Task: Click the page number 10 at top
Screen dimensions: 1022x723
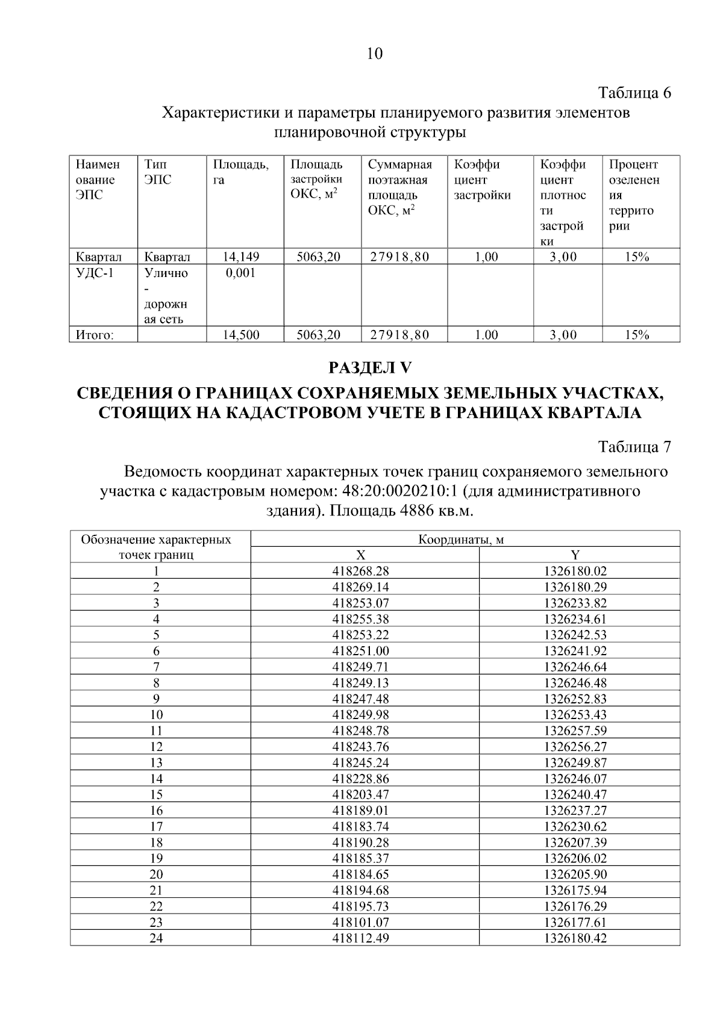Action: pyautogui.click(x=374, y=54)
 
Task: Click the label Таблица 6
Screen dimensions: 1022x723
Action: pyautogui.click(x=634, y=93)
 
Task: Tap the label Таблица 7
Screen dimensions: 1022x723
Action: pyautogui.click(x=634, y=447)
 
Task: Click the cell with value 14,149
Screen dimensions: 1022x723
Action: pyautogui.click(x=241, y=257)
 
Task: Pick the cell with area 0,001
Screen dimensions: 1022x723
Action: pyautogui.click(x=240, y=273)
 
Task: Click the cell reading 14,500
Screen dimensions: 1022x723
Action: pyautogui.click(x=241, y=335)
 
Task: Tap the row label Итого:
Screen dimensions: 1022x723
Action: pyautogui.click(x=95, y=335)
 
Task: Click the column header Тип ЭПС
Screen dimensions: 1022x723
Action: pyautogui.click(x=158, y=172)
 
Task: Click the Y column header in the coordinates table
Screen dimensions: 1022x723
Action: pyautogui.click(x=575, y=555)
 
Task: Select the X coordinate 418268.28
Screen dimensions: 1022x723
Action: pyautogui.click(x=361, y=571)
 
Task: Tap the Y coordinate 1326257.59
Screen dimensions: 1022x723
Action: pyautogui.click(x=575, y=731)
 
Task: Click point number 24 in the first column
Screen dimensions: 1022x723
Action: pyautogui.click(x=156, y=938)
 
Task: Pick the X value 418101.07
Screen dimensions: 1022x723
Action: pyautogui.click(x=361, y=922)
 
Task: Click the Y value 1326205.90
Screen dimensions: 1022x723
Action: pyautogui.click(x=575, y=874)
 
